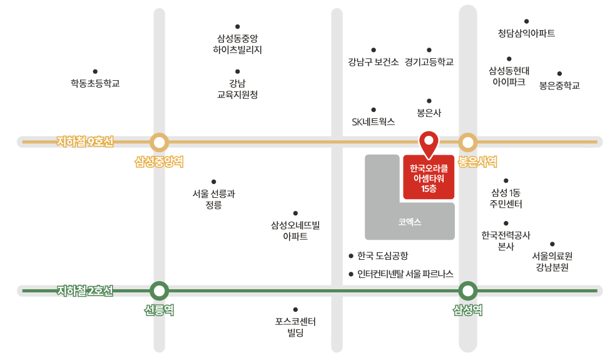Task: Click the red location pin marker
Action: [x=429, y=142]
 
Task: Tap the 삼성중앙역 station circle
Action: [x=160, y=143]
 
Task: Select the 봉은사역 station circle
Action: [x=468, y=143]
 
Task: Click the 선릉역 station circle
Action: [x=160, y=291]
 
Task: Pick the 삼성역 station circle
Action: [x=468, y=291]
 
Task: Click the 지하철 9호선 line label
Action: [x=85, y=141]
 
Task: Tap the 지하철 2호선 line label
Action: [x=85, y=291]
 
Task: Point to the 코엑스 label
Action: [x=410, y=222]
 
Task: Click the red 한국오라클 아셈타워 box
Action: [x=429, y=178]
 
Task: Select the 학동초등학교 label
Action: [x=95, y=83]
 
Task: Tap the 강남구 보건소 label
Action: [x=374, y=62]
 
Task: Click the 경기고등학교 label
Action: [x=429, y=62]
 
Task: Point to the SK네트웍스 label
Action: [x=374, y=121]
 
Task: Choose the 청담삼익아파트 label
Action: [x=526, y=33]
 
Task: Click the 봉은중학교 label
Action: [x=559, y=85]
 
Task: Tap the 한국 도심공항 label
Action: [x=382, y=255]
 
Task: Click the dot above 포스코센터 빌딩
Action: [x=295, y=309]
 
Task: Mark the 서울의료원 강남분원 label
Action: [x=552, y=261]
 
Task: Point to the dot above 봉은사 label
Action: [x=429, y=101]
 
